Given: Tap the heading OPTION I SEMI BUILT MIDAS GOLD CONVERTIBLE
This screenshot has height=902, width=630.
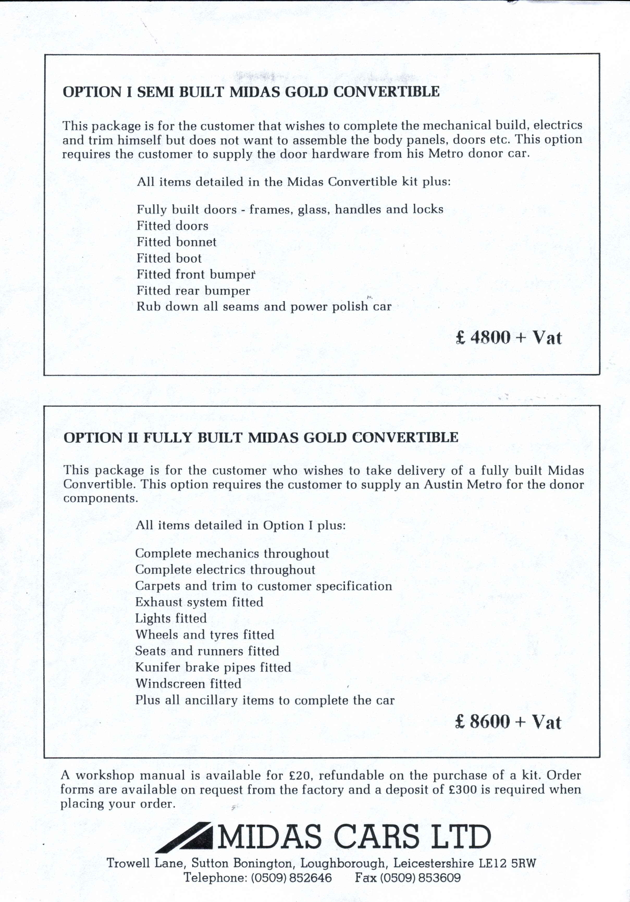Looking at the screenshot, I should point(251,92).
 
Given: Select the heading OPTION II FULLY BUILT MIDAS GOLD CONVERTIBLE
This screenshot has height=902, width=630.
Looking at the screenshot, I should point(261,437).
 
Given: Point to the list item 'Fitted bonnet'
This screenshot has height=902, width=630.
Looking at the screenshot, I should point(176,242).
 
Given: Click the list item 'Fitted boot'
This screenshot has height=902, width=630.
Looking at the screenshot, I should point(169,258).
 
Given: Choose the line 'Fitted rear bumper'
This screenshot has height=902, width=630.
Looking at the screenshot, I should point(193,291).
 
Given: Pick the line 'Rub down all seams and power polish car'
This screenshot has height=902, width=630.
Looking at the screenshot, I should point(264,307).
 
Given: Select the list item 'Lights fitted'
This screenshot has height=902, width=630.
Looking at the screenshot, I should point(171,618).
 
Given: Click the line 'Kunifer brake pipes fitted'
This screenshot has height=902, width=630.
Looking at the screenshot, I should point(213,667).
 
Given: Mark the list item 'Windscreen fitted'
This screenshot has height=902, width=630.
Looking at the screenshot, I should point(188,684).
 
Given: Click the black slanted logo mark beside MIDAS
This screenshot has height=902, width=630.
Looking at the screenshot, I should point(184,842).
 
